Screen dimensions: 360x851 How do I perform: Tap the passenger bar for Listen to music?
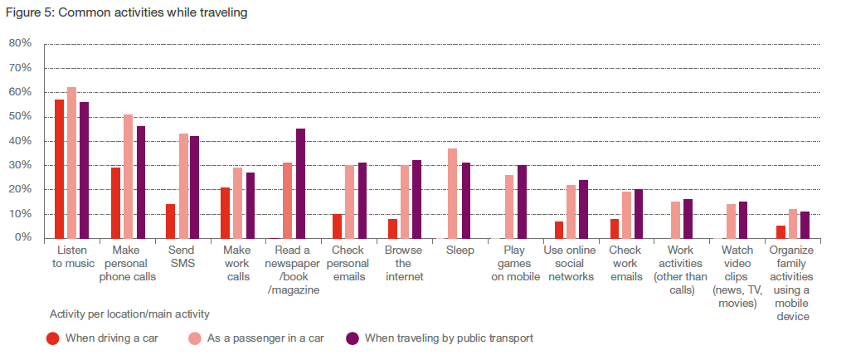click(x=71, y=163)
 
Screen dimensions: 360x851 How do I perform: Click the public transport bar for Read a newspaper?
click(x=300, y=183)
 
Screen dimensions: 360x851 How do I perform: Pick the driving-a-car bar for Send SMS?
click(x=170, y=221)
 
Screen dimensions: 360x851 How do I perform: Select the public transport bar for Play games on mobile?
click(x=522, y=202)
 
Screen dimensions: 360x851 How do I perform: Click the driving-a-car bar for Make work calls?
click(x=225, y=212)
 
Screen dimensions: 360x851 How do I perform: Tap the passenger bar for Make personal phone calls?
click(x=128, y=176)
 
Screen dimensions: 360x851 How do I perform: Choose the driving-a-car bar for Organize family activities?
click(x=780, y=231)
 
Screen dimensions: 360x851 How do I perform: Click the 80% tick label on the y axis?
click(x=20, y=43)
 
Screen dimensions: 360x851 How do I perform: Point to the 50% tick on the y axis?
click(x=20, y=116)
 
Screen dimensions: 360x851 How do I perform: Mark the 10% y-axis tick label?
click(x=20, y=214)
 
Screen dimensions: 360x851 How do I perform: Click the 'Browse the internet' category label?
click(x=404, y=264)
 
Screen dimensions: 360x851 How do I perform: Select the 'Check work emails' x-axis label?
click(x=625, y=264)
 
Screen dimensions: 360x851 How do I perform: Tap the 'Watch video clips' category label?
click(x=737, y=276)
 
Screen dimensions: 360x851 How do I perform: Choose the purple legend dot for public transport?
click(x=352, y=338)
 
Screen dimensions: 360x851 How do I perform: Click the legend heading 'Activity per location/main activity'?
click(x=129, y=314)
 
